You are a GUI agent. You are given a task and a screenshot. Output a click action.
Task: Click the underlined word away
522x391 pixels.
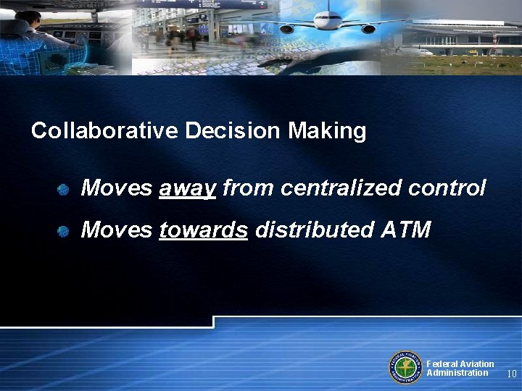click(187, 189)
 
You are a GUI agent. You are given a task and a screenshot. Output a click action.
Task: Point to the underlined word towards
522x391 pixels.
click(204, 230)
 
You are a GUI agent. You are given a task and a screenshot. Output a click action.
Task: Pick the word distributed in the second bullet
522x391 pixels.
click(313, 230)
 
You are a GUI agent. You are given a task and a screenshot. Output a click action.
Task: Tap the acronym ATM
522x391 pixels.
click(405, 230)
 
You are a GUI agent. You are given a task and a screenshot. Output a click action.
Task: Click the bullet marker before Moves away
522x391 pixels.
click(64, 190)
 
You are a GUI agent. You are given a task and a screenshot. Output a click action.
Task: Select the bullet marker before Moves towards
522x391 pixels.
click(64, 232)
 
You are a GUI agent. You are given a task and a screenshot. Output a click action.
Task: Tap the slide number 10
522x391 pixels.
click(511, 374)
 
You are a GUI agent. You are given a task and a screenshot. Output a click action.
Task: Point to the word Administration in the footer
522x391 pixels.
click(457, 373)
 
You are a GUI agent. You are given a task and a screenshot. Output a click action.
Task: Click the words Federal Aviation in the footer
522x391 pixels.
click(460, 363)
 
